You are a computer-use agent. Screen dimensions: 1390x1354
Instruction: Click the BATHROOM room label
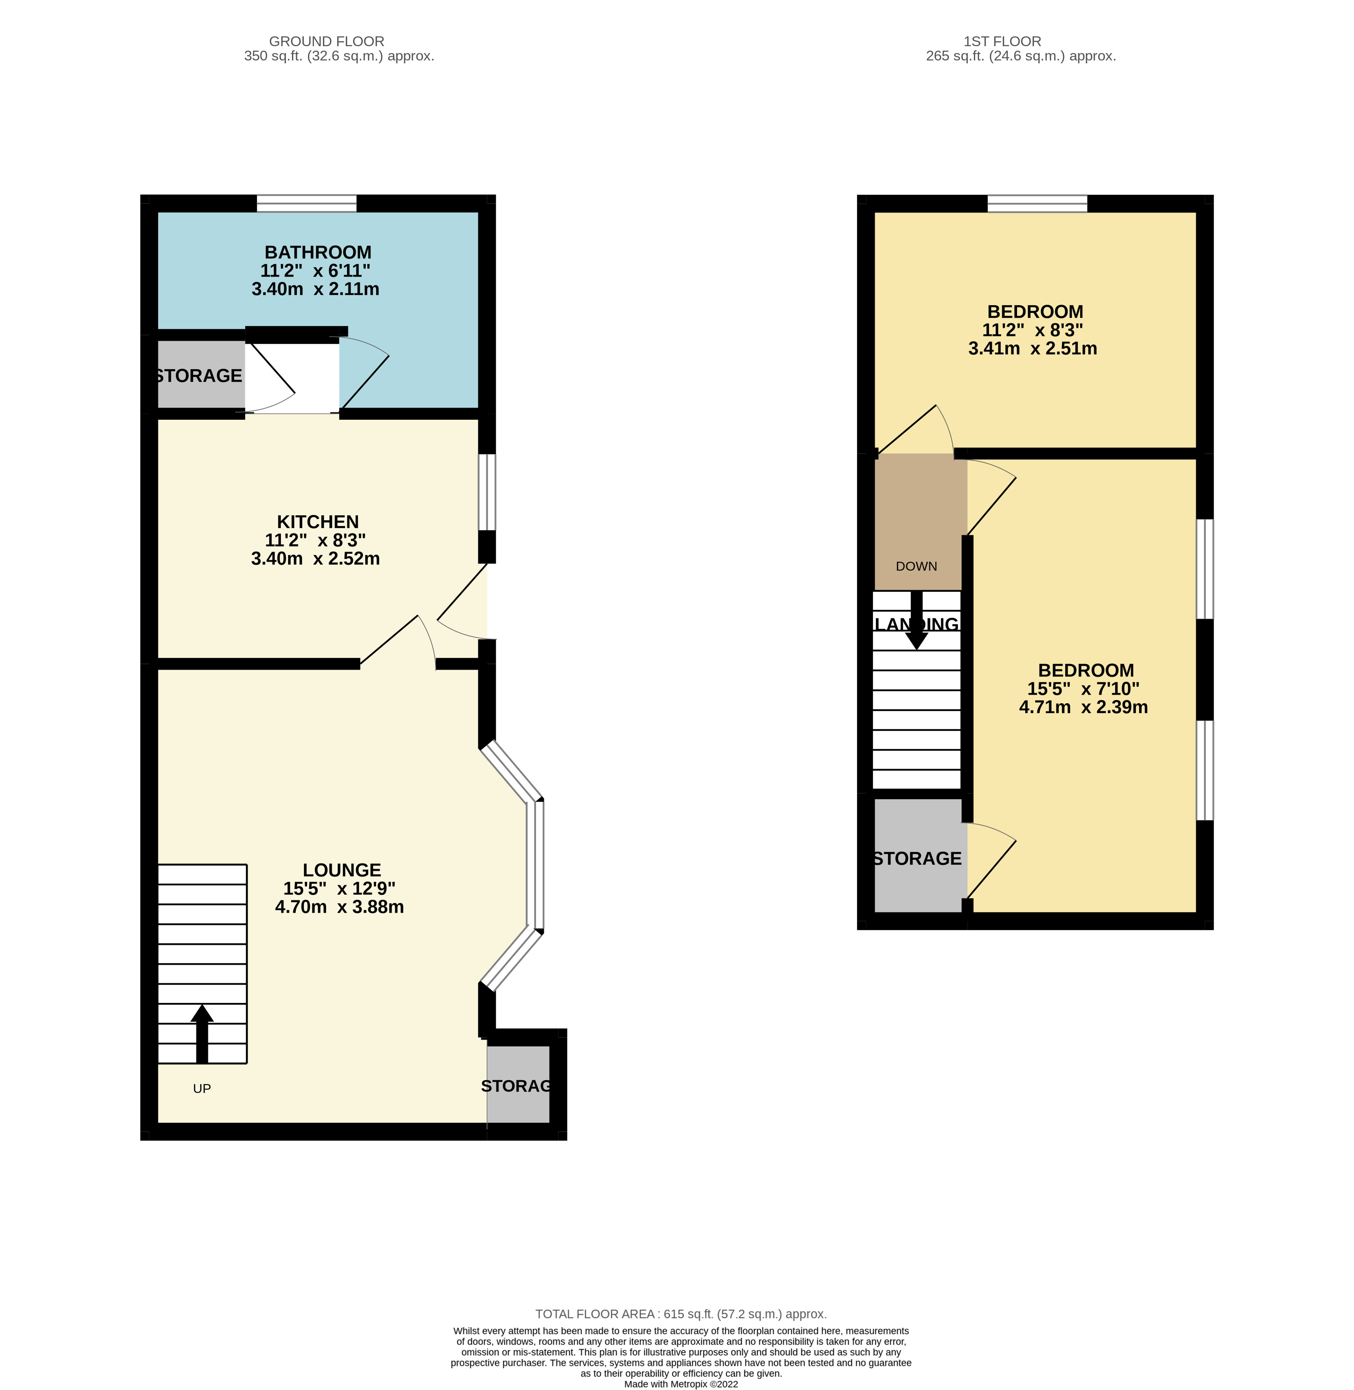[318, 252]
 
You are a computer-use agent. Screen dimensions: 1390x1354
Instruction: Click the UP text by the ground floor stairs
[202, 1089]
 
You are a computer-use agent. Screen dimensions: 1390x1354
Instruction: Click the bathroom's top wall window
[307, 203]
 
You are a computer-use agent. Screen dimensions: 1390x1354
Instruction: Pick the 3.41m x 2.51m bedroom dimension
[1033, 348]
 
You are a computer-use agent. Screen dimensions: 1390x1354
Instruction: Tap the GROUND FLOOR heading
[326, 41]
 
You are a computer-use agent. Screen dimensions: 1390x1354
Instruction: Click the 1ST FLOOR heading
[1002, 41]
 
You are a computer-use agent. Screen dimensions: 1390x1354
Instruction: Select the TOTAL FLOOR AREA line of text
[681, 1314]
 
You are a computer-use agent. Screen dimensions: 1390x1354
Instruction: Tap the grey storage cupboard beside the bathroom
[200, 375]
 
